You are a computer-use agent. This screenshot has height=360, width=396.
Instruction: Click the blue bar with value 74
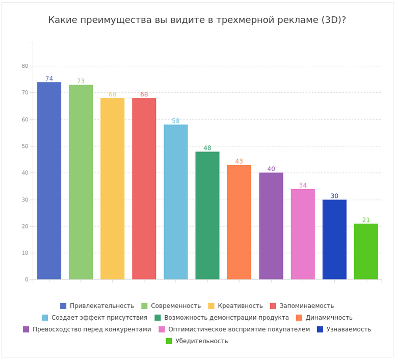click(x=49, y=181)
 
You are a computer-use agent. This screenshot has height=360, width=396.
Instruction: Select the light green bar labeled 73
click(x=81, y=182)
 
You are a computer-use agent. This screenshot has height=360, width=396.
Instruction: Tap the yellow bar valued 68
click(x=113, y=189)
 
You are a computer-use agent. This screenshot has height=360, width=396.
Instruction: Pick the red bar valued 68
click(x=144, y=189)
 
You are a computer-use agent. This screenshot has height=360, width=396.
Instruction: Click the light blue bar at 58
click(x=176, y=202)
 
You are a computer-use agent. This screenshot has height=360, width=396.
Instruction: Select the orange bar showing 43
click(x=239, y=222)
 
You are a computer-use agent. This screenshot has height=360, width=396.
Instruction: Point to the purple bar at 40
click(x=271, y=226)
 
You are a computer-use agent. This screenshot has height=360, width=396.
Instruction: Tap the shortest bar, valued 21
click(x=366, y=251)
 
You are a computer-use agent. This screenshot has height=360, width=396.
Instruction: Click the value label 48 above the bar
click(x=207, y=148)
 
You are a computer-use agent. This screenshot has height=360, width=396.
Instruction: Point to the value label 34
click(x=303, y=186)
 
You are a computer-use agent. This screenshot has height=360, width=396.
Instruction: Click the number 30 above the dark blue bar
click(x=334, y=196)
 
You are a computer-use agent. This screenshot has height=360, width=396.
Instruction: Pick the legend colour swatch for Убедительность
click(x=169, y=341)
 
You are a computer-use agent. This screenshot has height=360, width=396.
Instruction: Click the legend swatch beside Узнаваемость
click(x=320, y=329)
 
